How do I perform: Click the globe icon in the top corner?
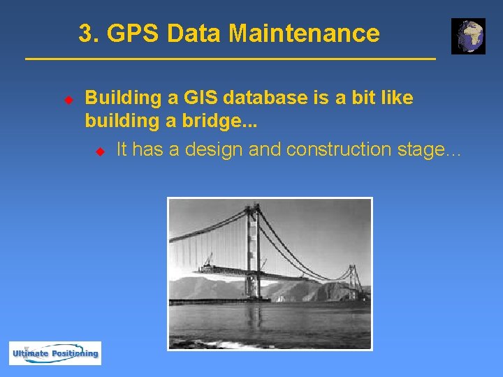468,36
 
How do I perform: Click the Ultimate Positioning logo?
55,353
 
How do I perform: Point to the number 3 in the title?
85,33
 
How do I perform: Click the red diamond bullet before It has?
99,150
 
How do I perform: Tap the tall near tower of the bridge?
252,251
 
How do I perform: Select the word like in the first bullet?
397,98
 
